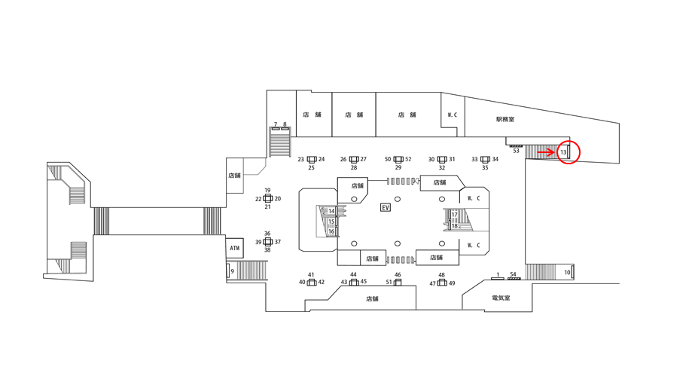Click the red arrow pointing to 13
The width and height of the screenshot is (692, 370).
(x=547, y=152)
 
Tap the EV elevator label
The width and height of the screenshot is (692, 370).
(x=386, y=207)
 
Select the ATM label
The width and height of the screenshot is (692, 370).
(x=234, y=247)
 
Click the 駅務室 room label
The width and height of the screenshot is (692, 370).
(x=505, y=119)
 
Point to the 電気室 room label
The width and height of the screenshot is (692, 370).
(x=501, y=298)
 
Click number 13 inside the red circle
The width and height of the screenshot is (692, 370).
(x=563, y=153)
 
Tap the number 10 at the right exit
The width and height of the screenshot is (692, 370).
(x=567, y=272)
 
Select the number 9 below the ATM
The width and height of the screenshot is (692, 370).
(x=232, y=271)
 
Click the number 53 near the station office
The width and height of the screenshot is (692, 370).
(x=516, y=151)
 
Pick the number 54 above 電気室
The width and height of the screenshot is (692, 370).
(x=514, y=274)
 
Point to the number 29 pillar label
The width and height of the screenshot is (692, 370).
(x=398, y=168)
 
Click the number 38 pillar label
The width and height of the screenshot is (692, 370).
(x=267, y=250)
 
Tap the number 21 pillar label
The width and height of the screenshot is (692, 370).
(x=267, y=206)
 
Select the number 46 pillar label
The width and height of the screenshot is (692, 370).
(x=398, y=275)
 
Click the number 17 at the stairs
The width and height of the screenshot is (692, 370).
(x=455, y=215)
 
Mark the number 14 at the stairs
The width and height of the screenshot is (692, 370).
(x=331, y=211)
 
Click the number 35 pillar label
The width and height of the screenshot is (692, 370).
(x=485, y=168)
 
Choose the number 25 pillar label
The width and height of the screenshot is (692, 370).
(x=311, y=168)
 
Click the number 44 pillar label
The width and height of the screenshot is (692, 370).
(x=353, y=275)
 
